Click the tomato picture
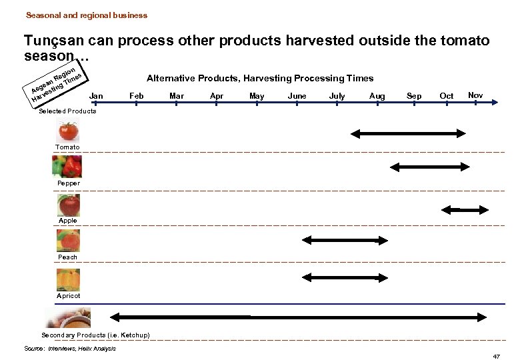tap(69, 131)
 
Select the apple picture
tap(69, 204)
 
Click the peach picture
tap(69, 240)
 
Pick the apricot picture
tap(69, 279)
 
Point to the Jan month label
tap(96, 96)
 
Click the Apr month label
tap(217, 96)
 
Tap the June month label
tap(297, 96)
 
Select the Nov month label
tap(475, 95)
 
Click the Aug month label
tap(377, 96)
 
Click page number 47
tap(496, 357)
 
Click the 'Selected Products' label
tap(67, 111)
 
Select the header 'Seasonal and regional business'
tap(87, 15)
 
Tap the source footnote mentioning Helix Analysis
tap(70, 348)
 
